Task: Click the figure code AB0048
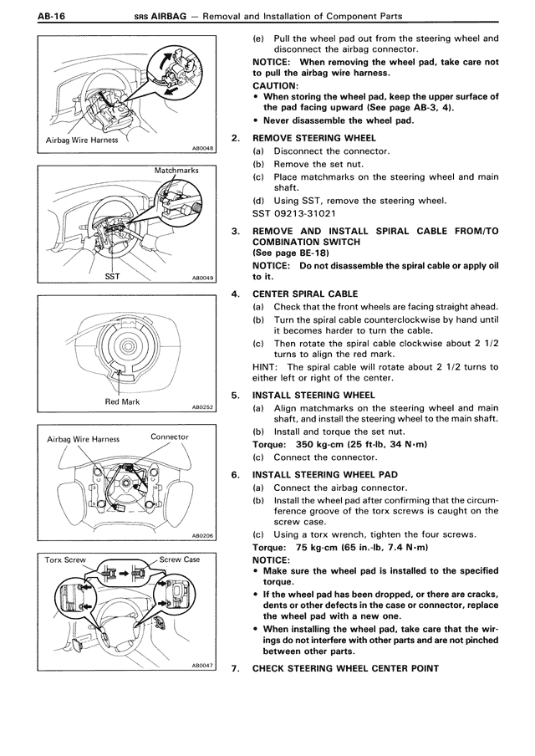pos(202,147)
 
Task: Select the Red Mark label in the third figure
pos(122,401)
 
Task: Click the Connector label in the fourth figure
pos(169,437)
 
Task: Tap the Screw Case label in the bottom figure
pos(179,559)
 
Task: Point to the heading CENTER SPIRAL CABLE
pos(305,294)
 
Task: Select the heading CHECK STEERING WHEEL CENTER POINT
pos(345,668)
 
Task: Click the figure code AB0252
pos(202,407)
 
